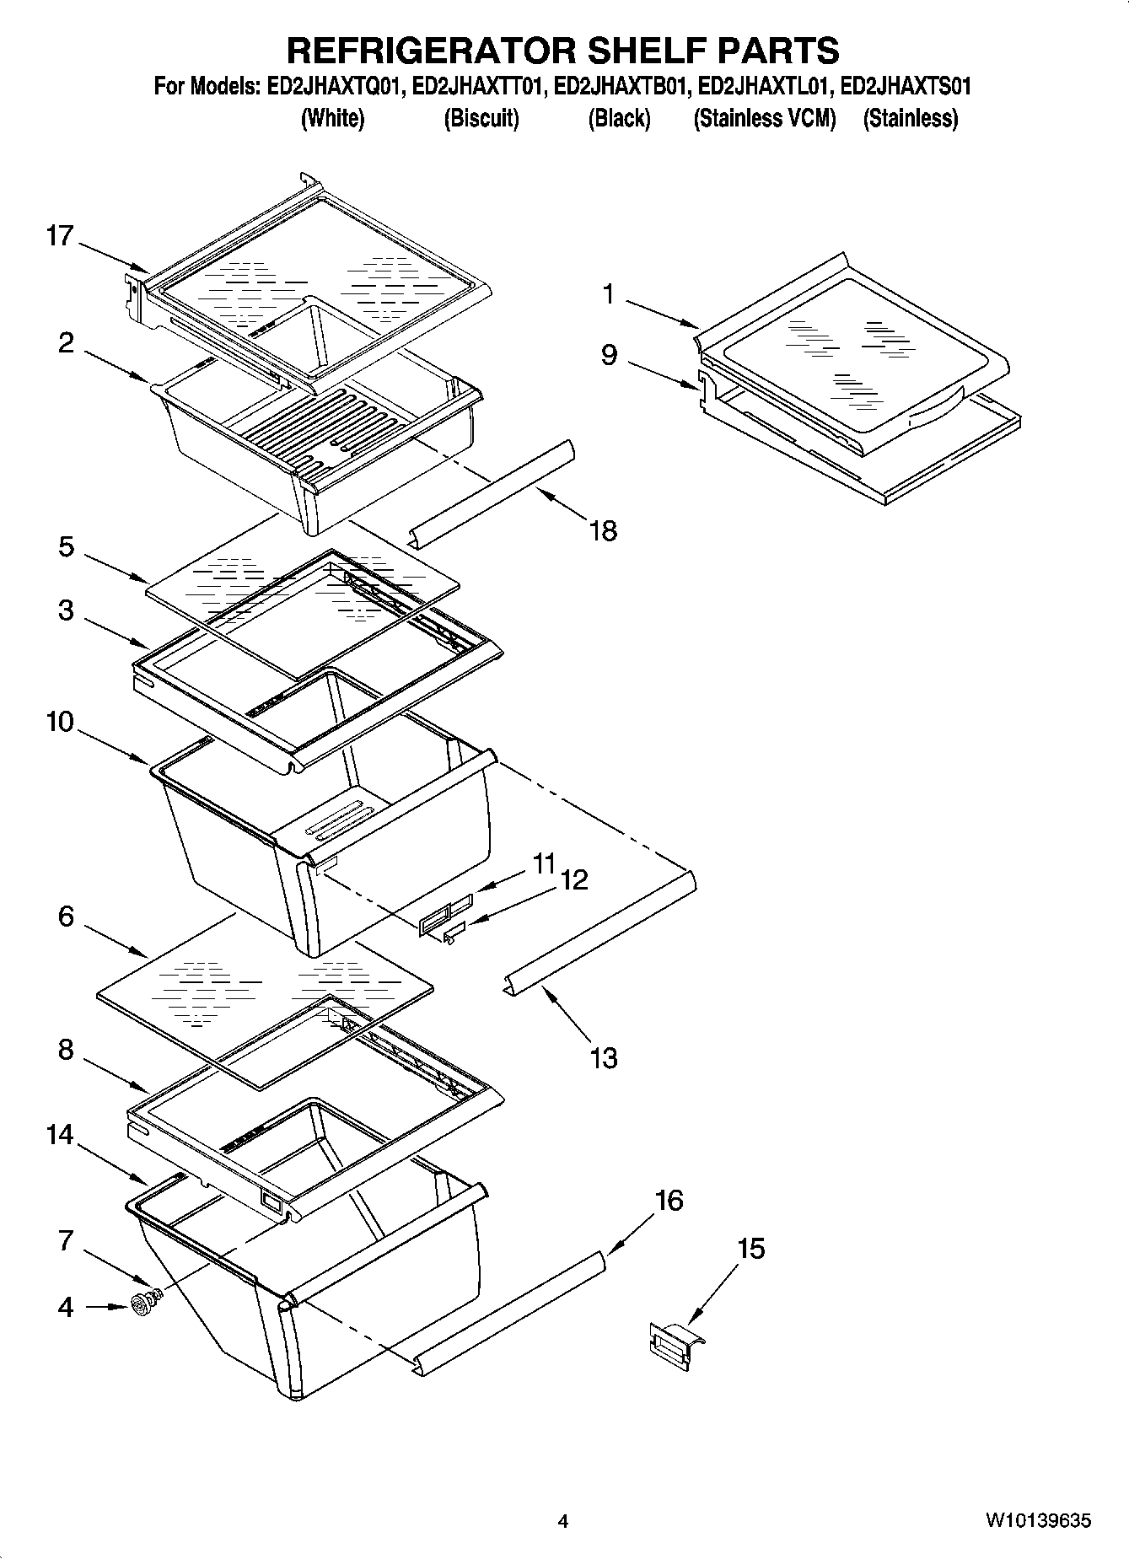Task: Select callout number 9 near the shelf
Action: [609, 354]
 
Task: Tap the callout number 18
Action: [604, 530]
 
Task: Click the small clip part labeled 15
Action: [676, 1347]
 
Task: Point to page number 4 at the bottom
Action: [563, 1521]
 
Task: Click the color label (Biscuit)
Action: [481, 119]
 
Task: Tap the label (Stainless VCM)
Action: [764, 119]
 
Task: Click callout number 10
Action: [60, 722]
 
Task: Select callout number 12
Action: [573, 879]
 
